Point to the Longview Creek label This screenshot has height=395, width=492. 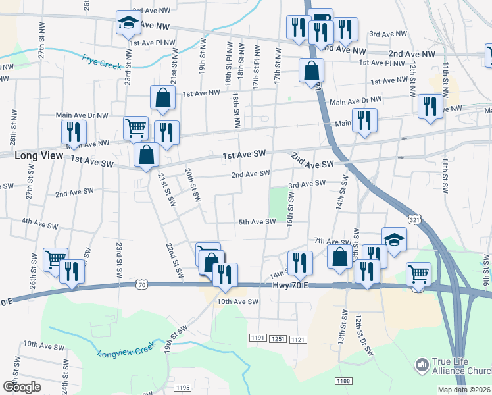[126, 349]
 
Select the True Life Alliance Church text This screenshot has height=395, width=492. [461, 367]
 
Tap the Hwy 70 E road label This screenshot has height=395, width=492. [289, 285]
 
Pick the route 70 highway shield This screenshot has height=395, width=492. [142, 284]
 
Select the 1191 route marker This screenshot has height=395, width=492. [258, 338]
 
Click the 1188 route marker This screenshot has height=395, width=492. [343, 381]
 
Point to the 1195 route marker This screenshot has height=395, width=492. [183, 388]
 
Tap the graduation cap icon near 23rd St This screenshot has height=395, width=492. [128, 23]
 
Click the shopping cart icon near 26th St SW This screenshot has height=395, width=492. [55, 258]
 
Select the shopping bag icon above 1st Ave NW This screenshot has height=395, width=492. [162, 97]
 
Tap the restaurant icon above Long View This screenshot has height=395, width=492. [74, 132]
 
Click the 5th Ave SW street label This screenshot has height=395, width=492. [257, 222]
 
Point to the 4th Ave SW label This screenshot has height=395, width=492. [38, 222]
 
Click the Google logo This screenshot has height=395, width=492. [22, 386]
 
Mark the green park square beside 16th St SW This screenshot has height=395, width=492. [280, 203]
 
